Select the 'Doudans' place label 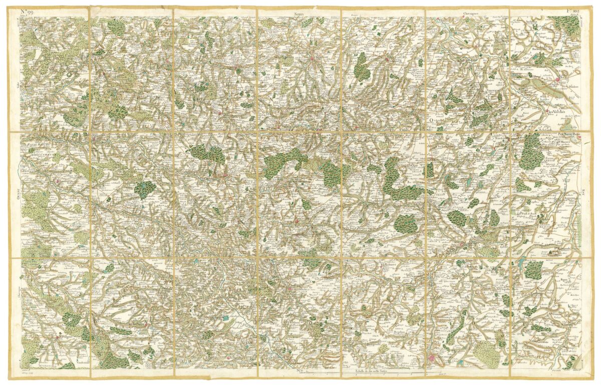[573, 86]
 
